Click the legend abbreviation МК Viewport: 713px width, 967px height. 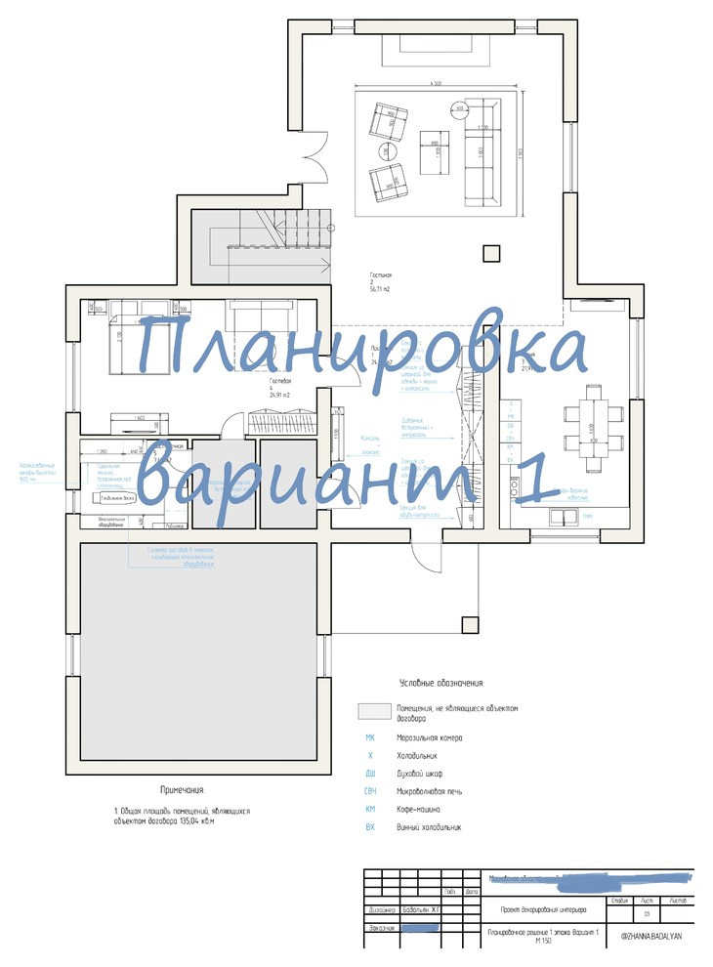pyautogui.click(x=370, y=737)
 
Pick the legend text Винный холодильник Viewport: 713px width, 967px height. pyautogui.click(x=429, y=827)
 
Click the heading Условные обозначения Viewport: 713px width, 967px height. pyautogui.click(x=441, y=683)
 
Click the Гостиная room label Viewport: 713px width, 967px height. pyautogui.click(x=380, y=275)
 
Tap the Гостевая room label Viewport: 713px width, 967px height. pyautogui.click(x=281, y=383)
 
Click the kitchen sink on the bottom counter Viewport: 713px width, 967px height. pyautogui.click(x=564, y=516)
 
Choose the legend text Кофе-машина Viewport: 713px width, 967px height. pyautogui.click(x=418, y=810)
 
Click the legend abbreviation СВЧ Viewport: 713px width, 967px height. pyautogui.click(x=370, y=791)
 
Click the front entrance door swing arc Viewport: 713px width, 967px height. pyautogui.click(x=426, y=555)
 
